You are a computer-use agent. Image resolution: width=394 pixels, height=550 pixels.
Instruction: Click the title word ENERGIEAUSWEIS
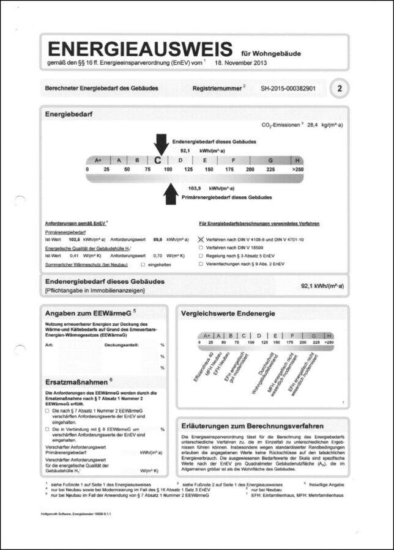(140, 50)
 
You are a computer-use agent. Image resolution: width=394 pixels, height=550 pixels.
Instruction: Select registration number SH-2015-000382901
(288, 89)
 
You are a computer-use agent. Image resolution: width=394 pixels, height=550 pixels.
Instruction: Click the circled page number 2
(340, 89)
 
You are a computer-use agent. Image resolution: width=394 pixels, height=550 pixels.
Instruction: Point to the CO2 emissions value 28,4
(314, 124)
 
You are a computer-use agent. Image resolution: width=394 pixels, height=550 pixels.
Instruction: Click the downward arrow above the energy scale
(161, 144)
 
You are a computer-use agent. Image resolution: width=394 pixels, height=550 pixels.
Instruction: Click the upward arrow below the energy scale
(171, 195)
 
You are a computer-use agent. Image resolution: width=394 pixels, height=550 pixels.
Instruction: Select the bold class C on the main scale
(158, 160)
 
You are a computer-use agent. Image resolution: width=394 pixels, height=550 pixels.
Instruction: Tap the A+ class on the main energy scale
(98, 160)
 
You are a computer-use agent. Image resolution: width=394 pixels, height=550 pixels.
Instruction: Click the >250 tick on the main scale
(297, 169)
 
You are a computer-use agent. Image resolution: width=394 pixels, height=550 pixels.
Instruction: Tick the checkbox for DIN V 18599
(201, 248)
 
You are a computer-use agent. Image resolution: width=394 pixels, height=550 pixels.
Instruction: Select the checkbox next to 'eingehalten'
(143, 265)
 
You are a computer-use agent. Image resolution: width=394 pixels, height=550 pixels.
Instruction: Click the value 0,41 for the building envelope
(74, 255)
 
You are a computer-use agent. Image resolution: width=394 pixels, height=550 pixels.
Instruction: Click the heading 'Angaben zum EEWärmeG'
(91, 313)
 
